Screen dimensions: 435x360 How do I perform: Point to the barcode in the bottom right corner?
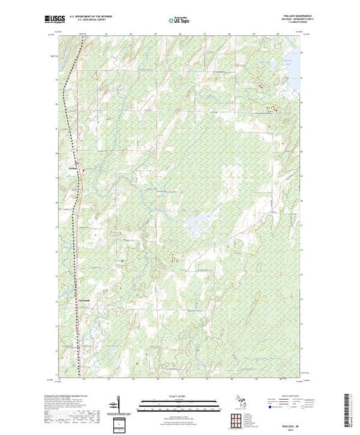[x=348, y=407]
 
